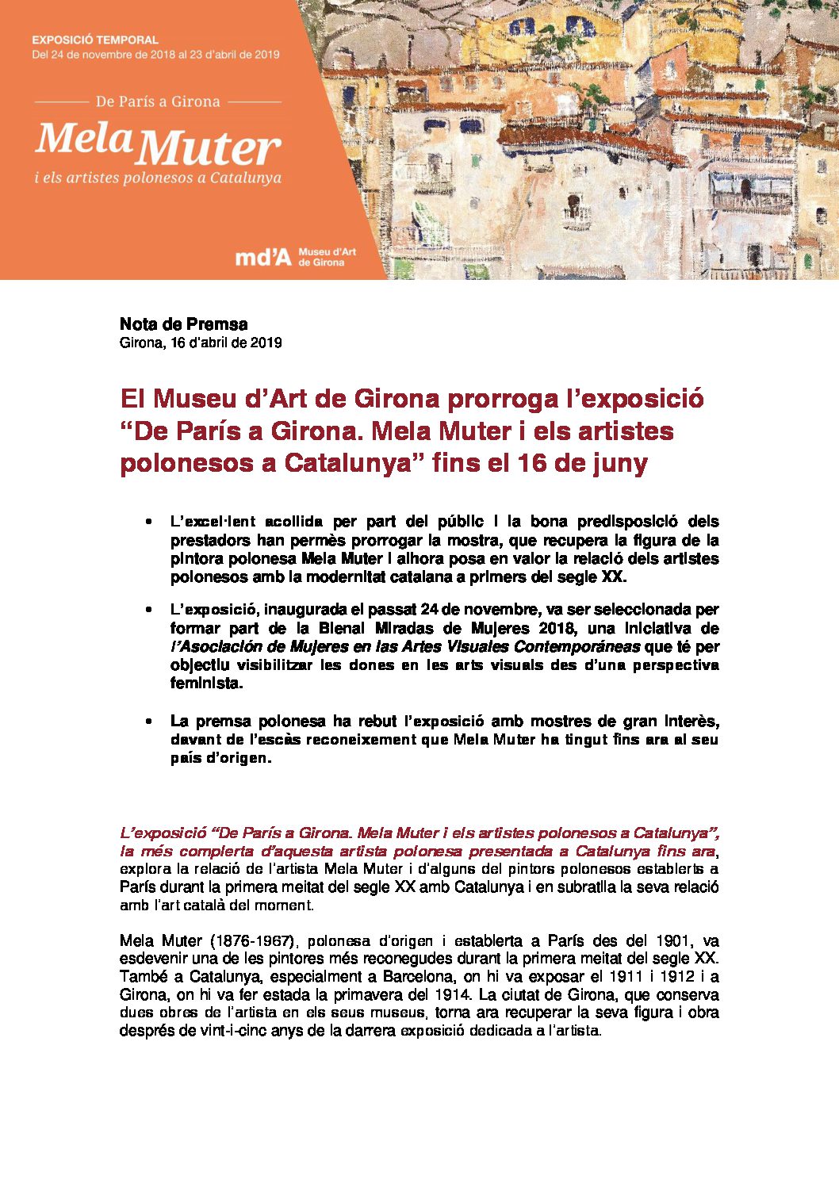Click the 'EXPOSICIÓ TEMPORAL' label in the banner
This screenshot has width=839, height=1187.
point(95,40)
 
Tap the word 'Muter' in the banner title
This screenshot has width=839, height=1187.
point(213,148)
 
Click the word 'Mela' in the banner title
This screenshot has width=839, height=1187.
point(83,140)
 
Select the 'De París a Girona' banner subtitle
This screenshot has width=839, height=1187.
point(158,101)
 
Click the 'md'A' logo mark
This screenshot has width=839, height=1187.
point(263,257)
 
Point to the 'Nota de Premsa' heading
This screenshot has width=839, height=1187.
point(183,324)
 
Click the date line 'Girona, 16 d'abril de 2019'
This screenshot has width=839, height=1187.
point(201,343)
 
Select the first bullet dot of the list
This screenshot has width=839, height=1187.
point(148,523)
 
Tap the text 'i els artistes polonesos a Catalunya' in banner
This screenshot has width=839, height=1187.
point(158,178)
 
